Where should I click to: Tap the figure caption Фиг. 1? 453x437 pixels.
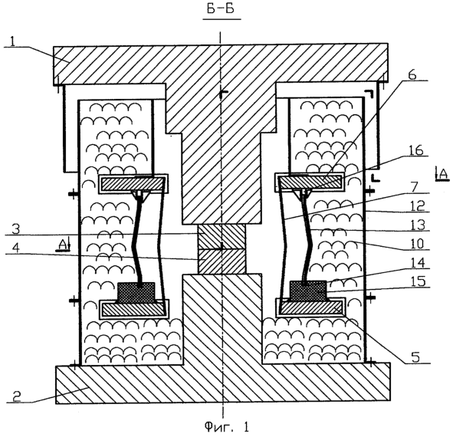[227, 426]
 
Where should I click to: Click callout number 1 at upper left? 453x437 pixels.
[12, 42]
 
